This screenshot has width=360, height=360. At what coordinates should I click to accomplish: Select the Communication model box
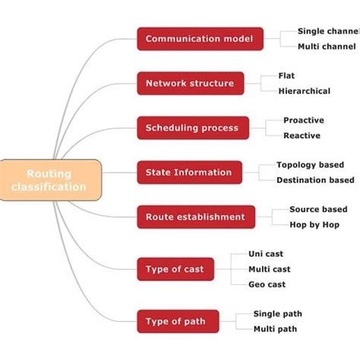(200, 39)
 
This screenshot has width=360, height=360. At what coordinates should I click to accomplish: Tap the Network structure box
(190, 84)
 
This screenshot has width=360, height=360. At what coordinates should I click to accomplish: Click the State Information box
(189, 172)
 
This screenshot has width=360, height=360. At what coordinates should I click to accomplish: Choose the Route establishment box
(194, 217)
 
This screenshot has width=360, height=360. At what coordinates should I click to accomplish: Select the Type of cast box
(175, 268)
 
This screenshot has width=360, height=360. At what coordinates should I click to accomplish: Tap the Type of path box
(175, 321)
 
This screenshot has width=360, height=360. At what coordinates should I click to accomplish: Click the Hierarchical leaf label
(305, 91)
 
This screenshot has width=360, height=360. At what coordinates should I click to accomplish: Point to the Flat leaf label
(287, 76)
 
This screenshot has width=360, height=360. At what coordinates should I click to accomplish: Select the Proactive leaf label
(303, 120)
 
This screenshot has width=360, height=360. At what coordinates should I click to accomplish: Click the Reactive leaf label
(302, 136)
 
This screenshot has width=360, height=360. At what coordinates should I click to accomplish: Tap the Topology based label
(310, 165)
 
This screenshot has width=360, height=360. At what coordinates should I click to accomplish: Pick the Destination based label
(314, 181)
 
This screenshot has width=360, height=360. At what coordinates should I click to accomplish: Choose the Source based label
(318, 209)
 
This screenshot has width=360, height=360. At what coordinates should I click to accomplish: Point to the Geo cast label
(267, 284)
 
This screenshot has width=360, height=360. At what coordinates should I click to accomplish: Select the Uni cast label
(266, 254)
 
